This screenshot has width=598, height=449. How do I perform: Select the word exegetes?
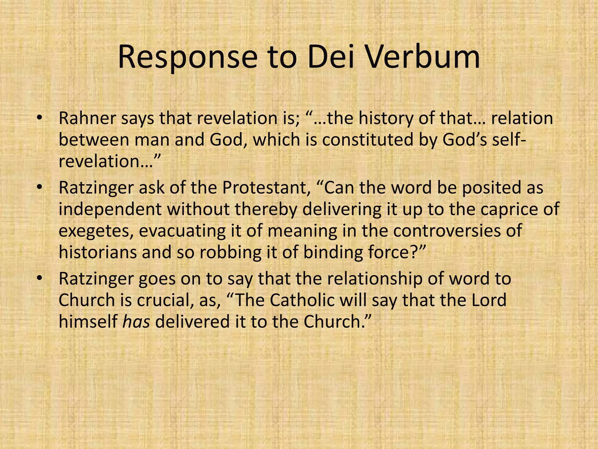click(96, 231)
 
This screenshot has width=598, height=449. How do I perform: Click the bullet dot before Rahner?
click(40, 118)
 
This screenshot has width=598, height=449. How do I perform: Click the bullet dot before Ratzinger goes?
click(40, 279)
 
